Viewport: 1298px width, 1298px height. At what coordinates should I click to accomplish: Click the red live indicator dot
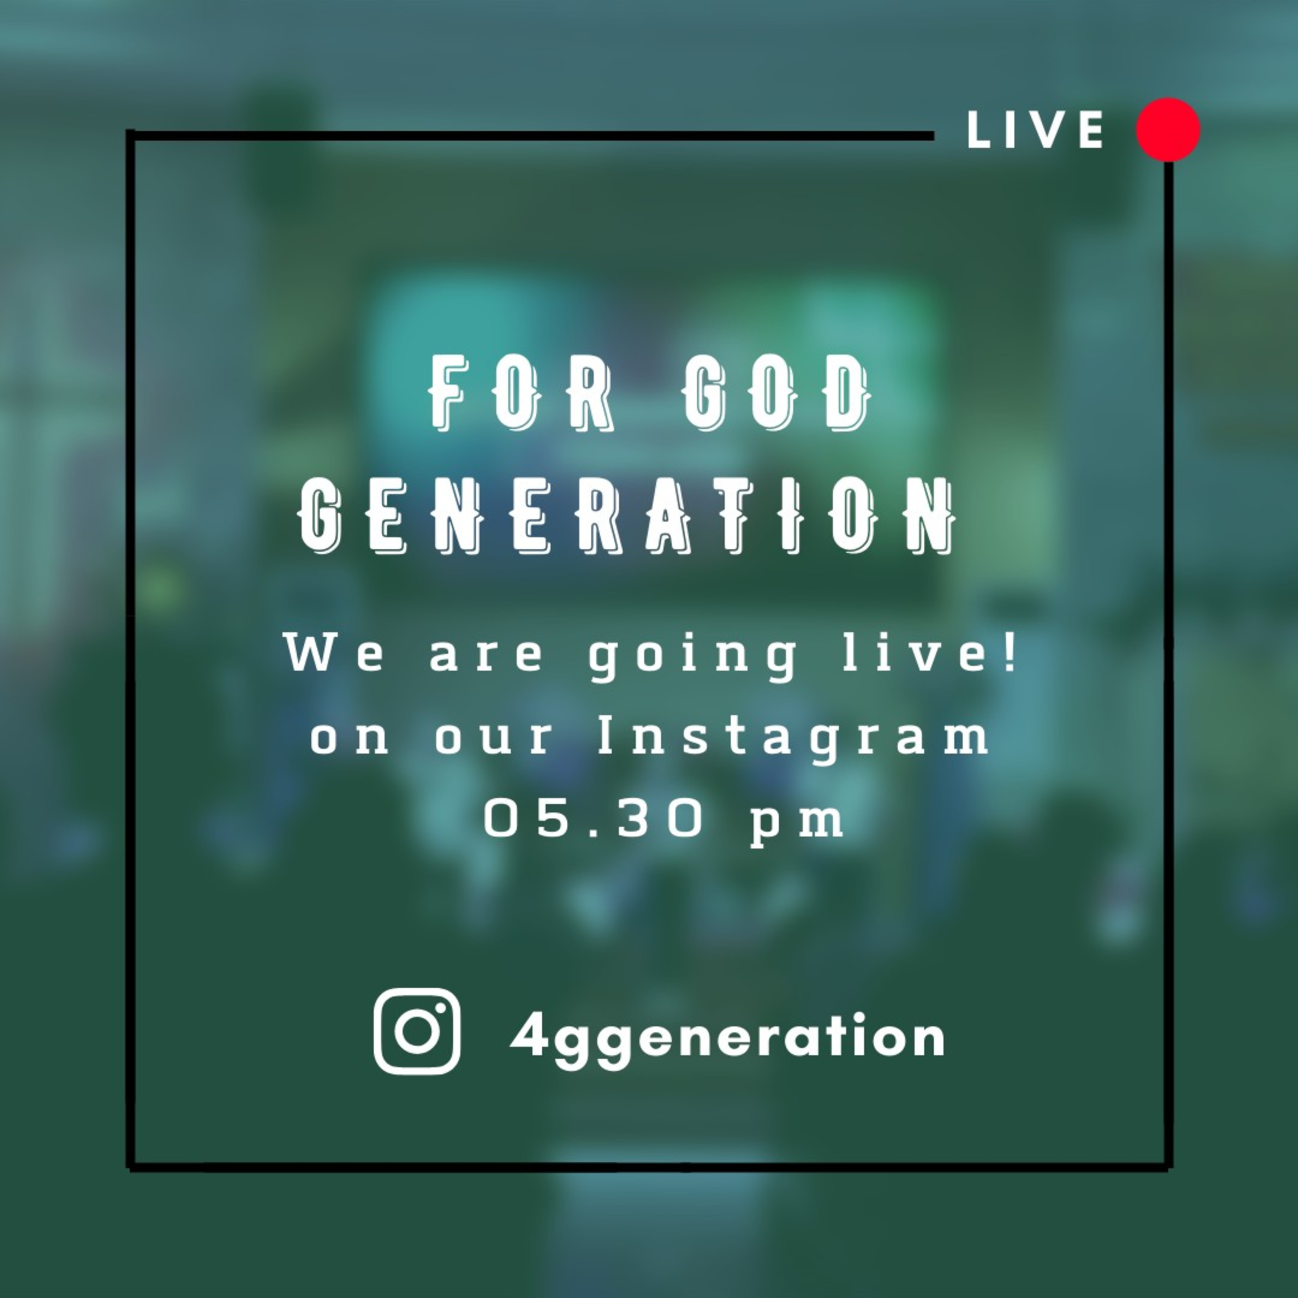[1168, 130]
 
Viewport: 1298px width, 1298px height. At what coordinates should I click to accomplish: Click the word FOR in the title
[520, 394]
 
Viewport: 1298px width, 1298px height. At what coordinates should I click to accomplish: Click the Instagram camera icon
[417, 1031]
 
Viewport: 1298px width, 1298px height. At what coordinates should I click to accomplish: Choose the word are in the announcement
[486, 656]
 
